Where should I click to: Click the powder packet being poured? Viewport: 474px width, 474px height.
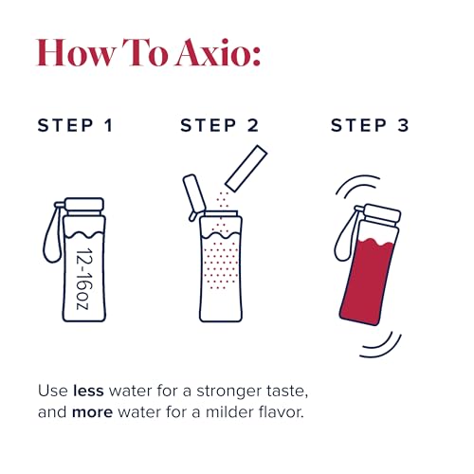pos(245,168)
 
